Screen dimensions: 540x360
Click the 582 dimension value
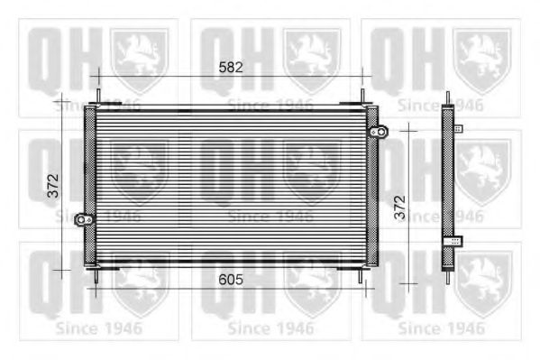231,68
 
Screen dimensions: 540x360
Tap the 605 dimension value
231,280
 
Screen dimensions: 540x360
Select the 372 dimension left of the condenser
53,186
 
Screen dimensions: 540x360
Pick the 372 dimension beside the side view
400,208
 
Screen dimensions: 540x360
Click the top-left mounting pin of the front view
98,96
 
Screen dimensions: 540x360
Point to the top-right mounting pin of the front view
362,96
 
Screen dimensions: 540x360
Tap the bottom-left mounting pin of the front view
96,276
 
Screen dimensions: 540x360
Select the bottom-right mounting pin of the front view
361,276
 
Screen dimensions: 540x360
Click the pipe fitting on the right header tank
380,132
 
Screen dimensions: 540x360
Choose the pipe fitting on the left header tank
84,219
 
